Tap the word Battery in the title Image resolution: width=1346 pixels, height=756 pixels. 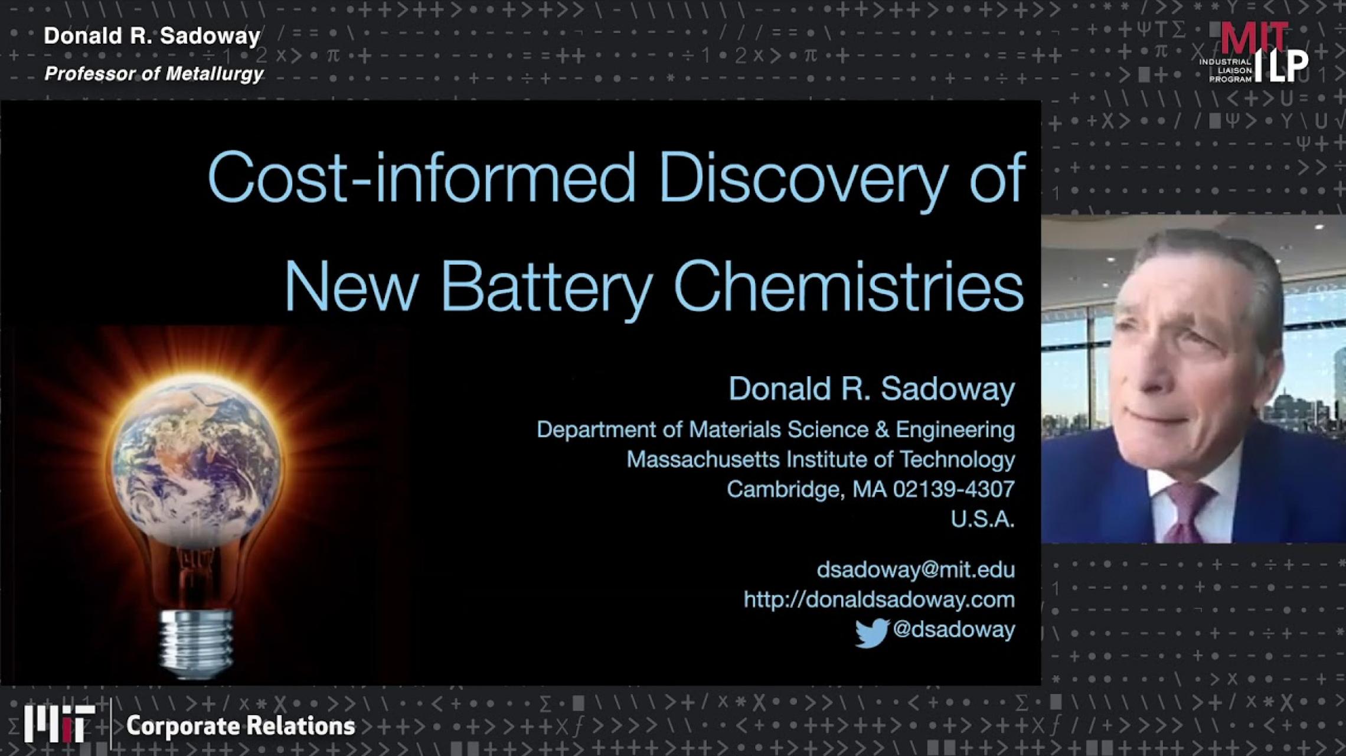click(x=546, y=287)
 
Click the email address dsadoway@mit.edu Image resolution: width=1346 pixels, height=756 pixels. click(x=915, y=570)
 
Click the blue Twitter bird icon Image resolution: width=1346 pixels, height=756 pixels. click(x=871, y=633)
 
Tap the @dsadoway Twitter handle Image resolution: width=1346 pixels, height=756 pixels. click(x=953, y=630)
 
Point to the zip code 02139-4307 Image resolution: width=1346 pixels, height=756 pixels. click(x=953, y=489)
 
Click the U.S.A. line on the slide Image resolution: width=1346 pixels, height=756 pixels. click(x=982, y=519)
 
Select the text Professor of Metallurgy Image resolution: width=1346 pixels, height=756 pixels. click(x=154, y=74)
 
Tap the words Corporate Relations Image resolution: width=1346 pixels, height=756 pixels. click(x=240, y=726)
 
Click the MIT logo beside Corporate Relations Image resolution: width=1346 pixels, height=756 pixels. click(x=59, y=724)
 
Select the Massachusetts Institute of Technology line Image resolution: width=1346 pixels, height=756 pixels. click(x=820, y=460)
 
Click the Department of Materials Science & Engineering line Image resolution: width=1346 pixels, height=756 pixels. click(x=775, y=429)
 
